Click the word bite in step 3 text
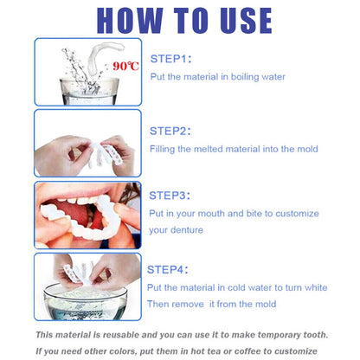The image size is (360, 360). tap(244, 213)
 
